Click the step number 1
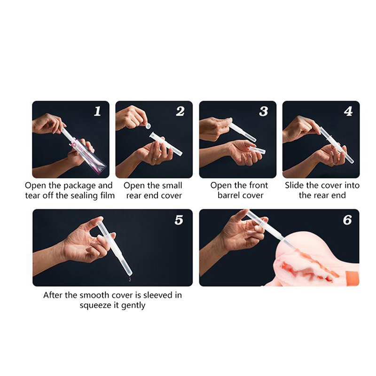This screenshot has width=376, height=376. (x=97, y=111)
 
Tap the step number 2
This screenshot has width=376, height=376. (x=180, y=111)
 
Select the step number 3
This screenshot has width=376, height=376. (x=264, y=111)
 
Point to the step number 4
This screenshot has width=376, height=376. (x=348, y=111)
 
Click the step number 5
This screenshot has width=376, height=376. (x=179, y=220)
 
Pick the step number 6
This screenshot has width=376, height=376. (x=347, y=220)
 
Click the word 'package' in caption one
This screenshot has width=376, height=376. (x=79, y=186)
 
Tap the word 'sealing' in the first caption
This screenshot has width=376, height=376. (x=82, y=196)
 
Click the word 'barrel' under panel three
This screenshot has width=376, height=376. (x=227, y=196)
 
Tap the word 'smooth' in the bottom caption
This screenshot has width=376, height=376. (x=94, y=295)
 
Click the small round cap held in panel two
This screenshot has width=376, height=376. (x=148, y=125)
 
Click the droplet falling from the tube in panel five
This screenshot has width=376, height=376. (x=130, y=279)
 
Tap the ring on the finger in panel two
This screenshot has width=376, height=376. (x=155, y=158)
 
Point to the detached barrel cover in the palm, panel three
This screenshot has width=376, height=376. (x=257, y=150)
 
